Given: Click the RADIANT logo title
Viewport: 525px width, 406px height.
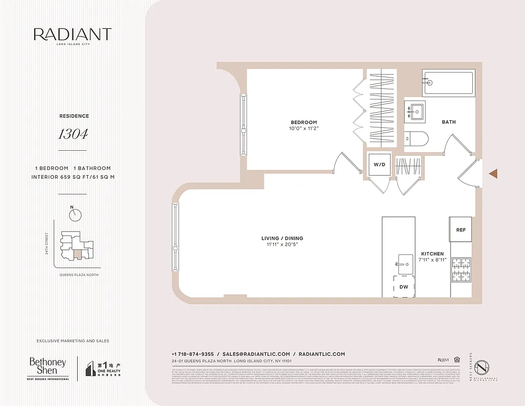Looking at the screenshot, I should (x=73, y=35).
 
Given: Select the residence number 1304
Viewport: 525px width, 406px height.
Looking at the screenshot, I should (x=73, y=134).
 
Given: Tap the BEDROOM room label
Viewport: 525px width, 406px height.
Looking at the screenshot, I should (x=304, y=122).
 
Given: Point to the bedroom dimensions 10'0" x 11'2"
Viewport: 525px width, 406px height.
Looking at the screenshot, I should (x=304, y=128).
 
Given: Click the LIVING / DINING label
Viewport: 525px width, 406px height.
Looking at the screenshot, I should (x=282, y=238).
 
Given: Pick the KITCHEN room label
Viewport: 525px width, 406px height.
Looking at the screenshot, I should (x=432, y=254).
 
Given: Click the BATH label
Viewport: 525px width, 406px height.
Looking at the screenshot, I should (x=448, y=122).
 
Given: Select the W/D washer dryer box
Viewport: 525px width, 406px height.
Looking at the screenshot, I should (x=379, y=164).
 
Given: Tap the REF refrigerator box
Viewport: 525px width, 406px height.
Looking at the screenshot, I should (x=461, y=230).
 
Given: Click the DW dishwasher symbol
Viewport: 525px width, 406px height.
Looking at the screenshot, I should (x=404, y=287).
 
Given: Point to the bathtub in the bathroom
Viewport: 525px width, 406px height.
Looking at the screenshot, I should (x=448, y=83).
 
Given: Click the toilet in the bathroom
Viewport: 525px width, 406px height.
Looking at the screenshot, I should (x=417, y=138).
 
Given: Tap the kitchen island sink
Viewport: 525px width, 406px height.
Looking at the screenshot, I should (x=405, y=261).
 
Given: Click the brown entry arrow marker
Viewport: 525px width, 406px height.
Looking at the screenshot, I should (x=493, y=174).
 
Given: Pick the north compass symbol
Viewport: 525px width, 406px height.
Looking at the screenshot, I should (x=76, y=215).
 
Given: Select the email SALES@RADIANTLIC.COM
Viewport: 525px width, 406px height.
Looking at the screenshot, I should (x=256, y=354).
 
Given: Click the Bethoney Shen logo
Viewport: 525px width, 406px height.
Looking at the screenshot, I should (x=48, y=367).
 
